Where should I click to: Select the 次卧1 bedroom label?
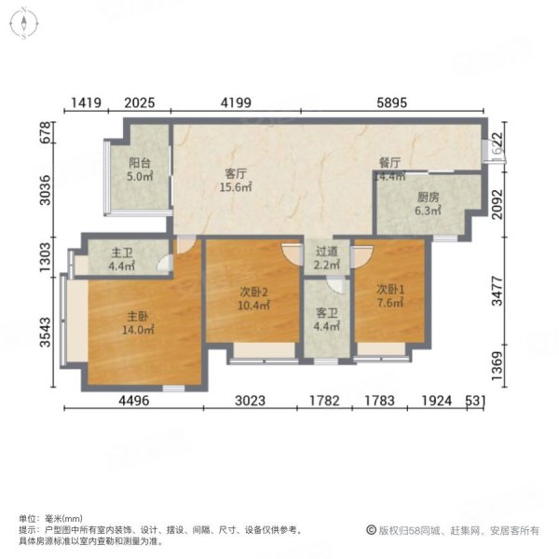click(389, 288)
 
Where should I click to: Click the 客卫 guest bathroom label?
click(325, 313)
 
